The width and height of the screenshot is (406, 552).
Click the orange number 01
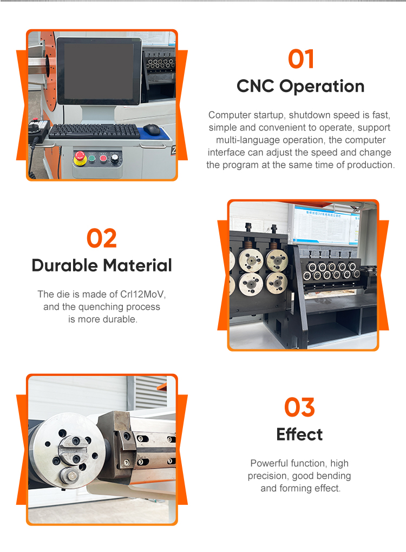(301, 59)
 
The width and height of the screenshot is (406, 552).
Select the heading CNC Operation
(300, 86)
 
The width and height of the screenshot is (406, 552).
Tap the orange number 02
(102, 238)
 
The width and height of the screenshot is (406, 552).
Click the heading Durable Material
(102, 265)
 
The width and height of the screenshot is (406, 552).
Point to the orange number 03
(299, 407)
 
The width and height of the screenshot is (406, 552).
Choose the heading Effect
(299, 434)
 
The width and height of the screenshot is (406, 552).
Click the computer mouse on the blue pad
(152, 129)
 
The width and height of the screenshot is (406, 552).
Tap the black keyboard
(94, 131)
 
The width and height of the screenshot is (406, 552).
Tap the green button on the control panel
(92, 158)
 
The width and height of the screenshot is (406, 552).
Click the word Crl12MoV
(142, 294)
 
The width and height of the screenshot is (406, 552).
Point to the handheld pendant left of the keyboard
(38, 128)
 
